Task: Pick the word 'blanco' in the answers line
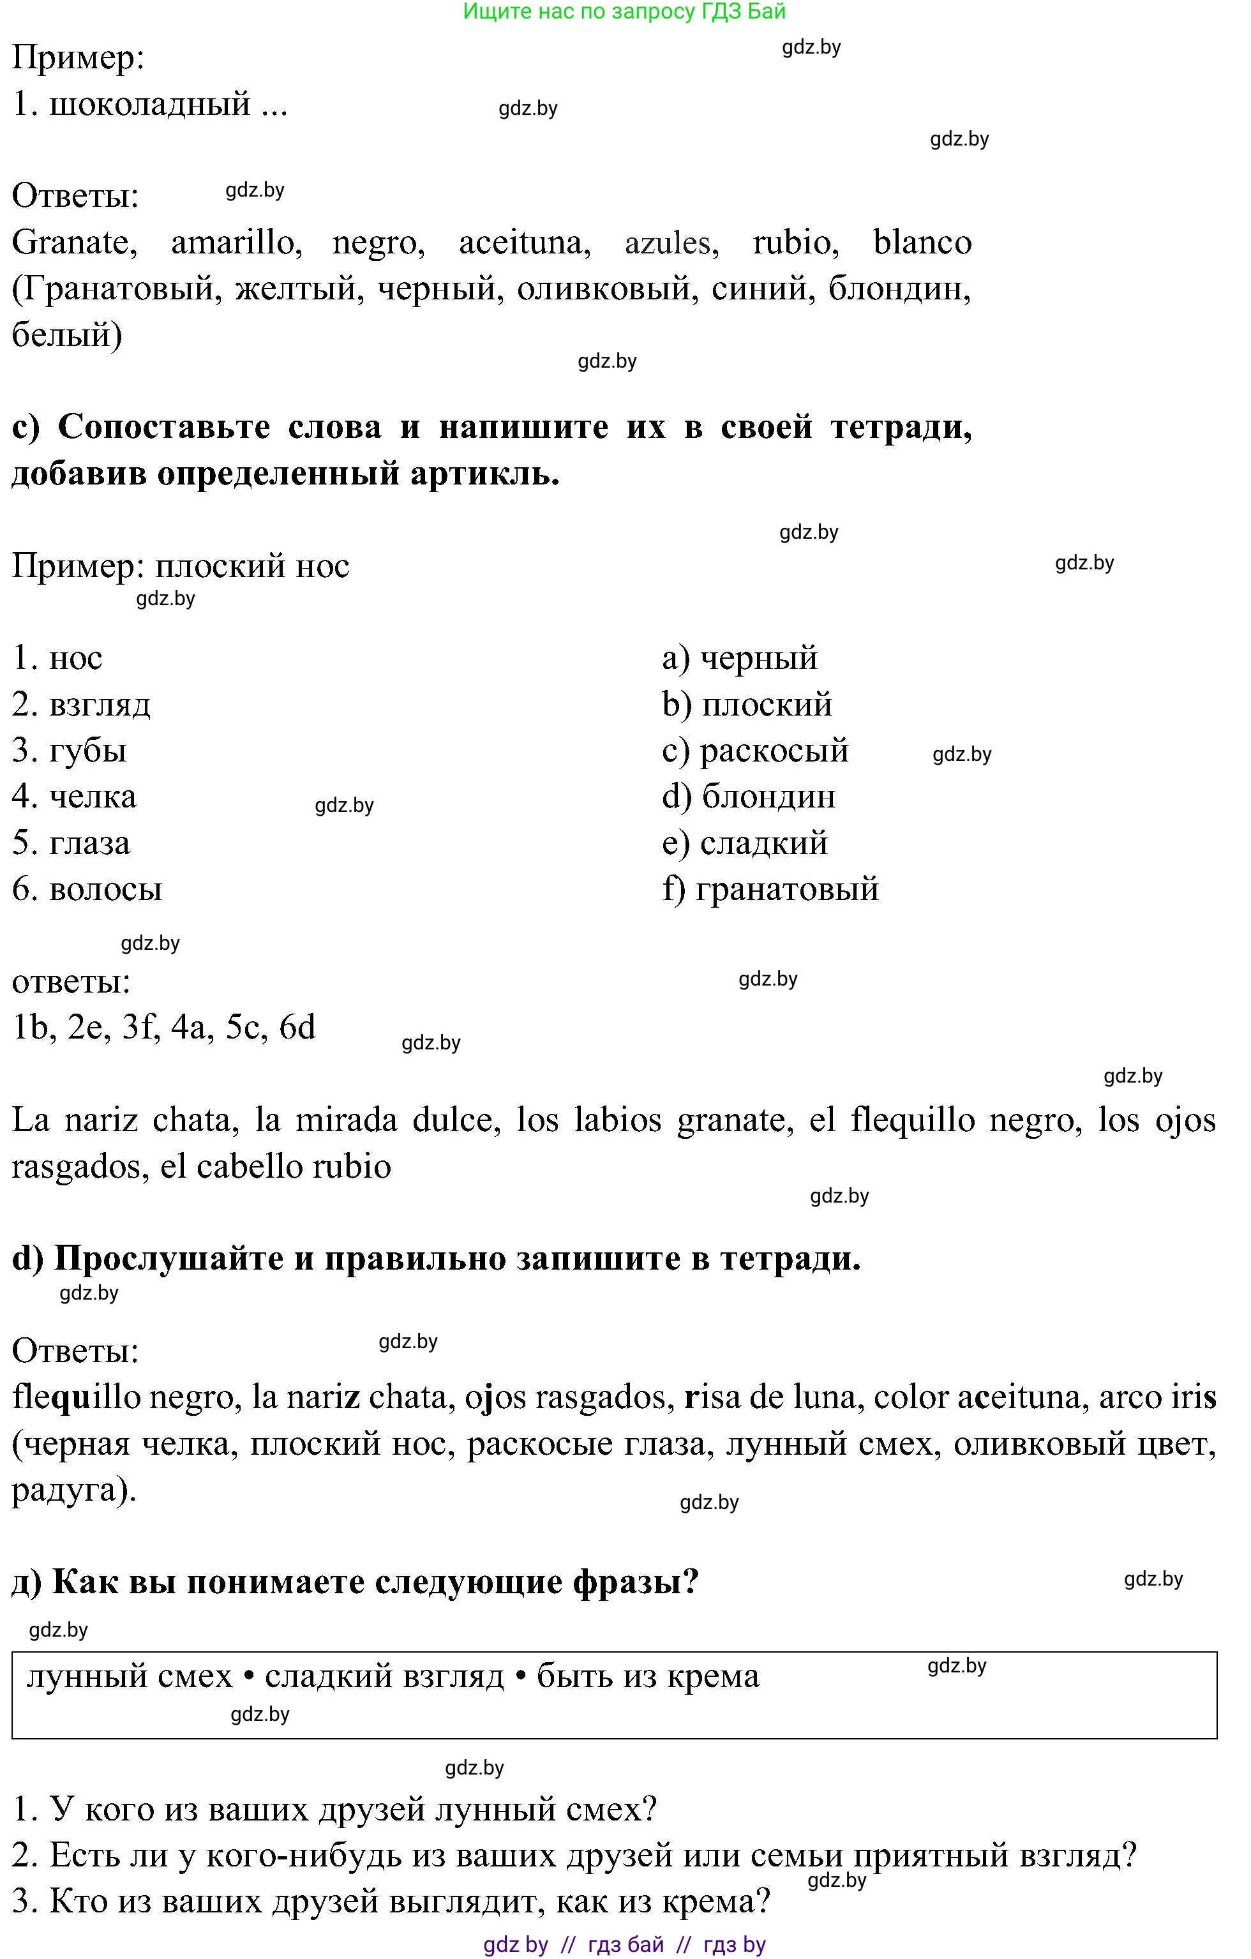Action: (922, 243)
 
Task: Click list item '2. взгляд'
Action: (81, 705)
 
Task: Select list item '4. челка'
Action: (75, 797)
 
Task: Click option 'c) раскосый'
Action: (755, 751)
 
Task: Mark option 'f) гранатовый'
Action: (770, 889)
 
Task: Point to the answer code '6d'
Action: (297, 1028)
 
